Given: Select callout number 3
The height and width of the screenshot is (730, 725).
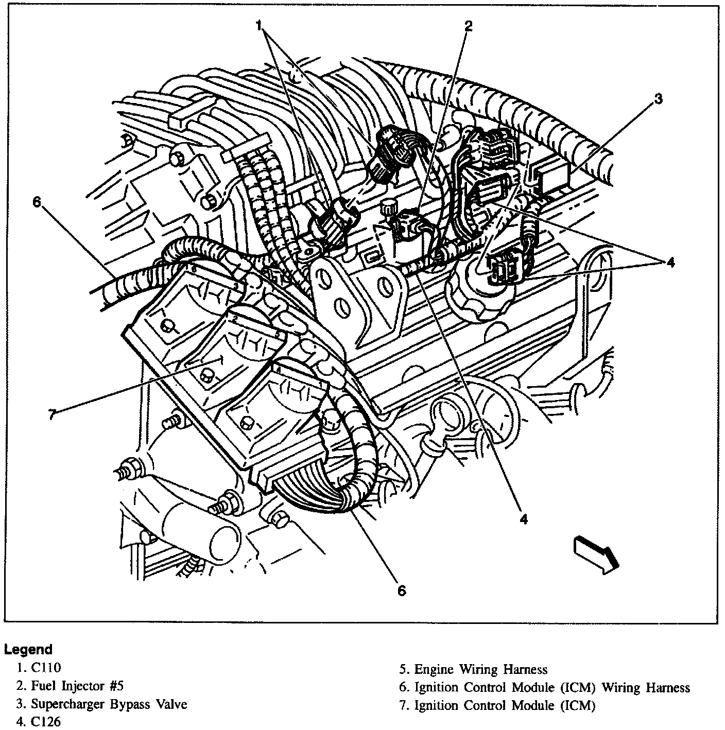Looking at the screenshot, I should click(x=658, y=99).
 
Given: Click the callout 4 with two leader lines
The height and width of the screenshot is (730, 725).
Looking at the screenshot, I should click(x=670, y=263).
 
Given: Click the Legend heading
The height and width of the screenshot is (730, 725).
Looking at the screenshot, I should click(x=28, y=649).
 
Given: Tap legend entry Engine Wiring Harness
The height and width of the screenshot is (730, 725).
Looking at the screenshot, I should click(x=474, y=669).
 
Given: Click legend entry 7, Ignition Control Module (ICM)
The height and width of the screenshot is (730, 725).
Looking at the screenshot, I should click(x=505, y=705).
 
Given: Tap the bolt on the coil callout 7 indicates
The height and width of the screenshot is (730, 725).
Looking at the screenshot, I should click(x=208, y=374).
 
